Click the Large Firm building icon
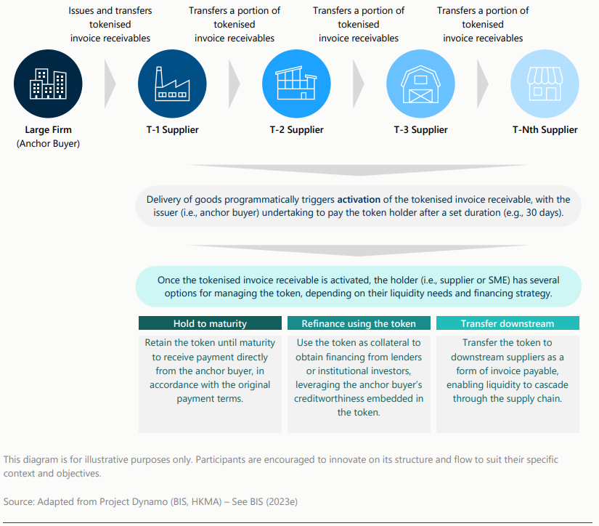49,84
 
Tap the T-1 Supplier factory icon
172,84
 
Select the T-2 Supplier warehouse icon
296,84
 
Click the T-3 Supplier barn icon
420,84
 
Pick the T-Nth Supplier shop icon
545,84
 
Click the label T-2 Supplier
296,130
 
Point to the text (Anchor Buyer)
49,144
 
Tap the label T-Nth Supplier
545,130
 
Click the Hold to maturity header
210,323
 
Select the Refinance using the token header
359,323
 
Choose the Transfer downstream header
508,323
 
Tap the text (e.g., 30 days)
531,212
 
